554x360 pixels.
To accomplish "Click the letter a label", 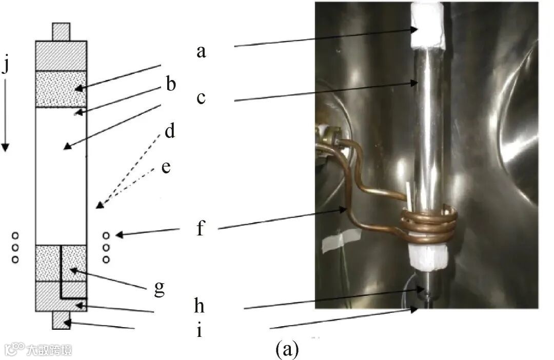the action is click(201, 51).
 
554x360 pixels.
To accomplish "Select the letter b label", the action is click(170, 84).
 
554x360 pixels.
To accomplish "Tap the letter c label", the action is click(201, 97).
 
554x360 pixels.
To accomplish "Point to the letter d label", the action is click(170, 131).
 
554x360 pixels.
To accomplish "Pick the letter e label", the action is click(166, 167).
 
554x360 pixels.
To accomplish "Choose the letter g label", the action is click(160, 288).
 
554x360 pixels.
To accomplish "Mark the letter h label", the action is click(200, 306).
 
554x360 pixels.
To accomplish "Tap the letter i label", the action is click(199, 330).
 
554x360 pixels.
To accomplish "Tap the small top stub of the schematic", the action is click(61, 31).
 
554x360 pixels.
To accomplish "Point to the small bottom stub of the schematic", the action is click(61, 320).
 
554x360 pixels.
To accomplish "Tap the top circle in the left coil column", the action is click(15, 235).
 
